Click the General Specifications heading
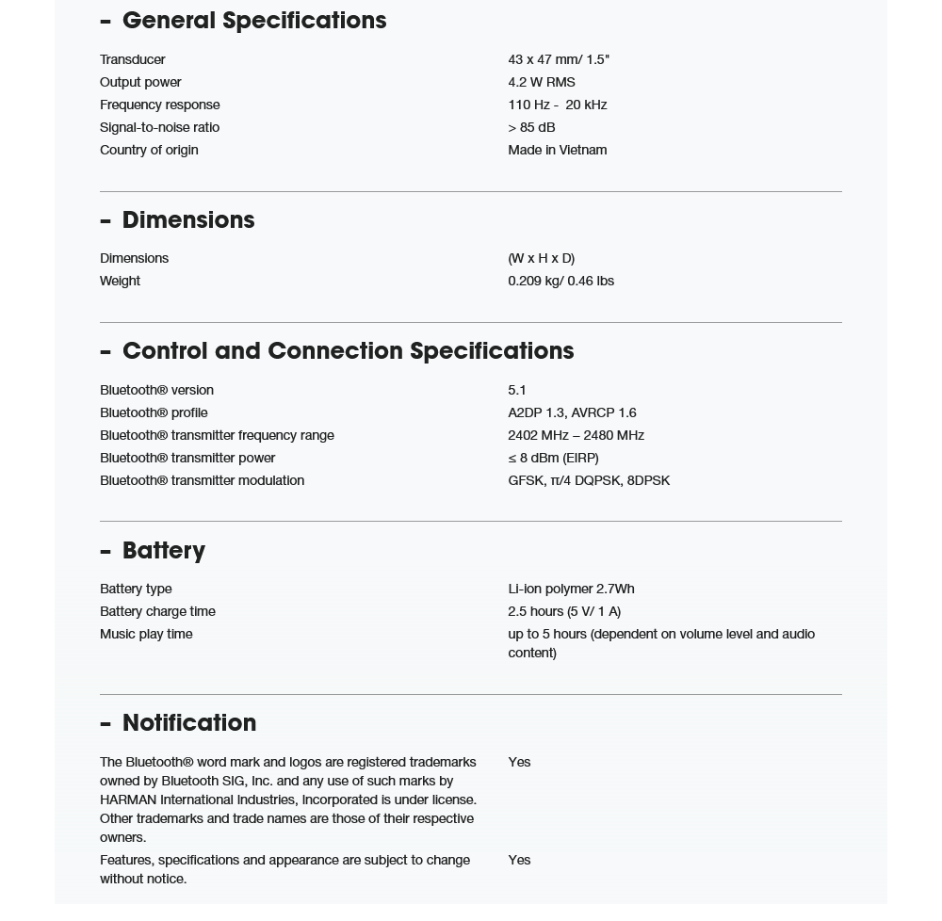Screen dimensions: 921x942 tap(253, 21)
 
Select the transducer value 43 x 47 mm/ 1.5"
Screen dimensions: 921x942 tap(559, 59)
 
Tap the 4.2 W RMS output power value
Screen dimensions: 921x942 tap(541, 82)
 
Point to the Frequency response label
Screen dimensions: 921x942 tap(159, 105)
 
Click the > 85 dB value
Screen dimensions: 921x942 tap(531, 127)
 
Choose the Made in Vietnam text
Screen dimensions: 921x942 tap(557, 150)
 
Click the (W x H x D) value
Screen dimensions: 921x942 tap(541, 258)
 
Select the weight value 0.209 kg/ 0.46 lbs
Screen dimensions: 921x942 tap(560, 281)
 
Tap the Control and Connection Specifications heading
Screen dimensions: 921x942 tap(348, 351)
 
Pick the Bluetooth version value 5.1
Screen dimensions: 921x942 tap(517, 390)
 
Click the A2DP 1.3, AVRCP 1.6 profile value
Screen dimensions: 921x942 tap(572, 412)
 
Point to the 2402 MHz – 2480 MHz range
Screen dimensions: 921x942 tap(576, 435)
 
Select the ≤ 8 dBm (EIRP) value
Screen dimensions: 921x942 tap(553, 458)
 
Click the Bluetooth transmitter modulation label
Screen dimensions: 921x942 tap(202, 480)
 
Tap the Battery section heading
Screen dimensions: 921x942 tap(163, 550)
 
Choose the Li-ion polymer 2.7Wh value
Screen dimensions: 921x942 tap(571, 589)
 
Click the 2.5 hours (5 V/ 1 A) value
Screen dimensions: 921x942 tap(564, 611)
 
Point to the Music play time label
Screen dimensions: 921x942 tap(146, 634)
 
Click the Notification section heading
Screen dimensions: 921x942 tap(188, 723)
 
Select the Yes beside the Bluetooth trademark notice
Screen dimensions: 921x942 tap(519, 762)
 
